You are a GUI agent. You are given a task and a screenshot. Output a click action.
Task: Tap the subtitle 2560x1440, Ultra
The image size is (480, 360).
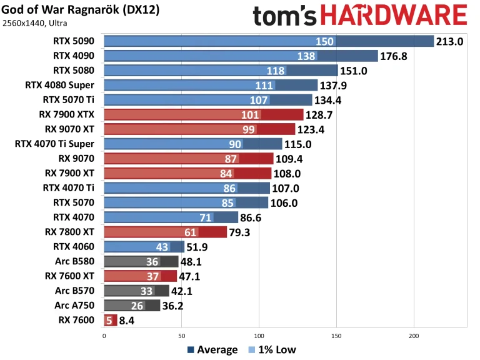35,24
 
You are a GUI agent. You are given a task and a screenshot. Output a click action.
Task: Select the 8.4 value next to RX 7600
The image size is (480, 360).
127,320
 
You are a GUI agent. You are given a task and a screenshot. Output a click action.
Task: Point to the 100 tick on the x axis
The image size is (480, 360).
258,335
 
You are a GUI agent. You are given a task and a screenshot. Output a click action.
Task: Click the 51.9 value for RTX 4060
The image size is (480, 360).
199,247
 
